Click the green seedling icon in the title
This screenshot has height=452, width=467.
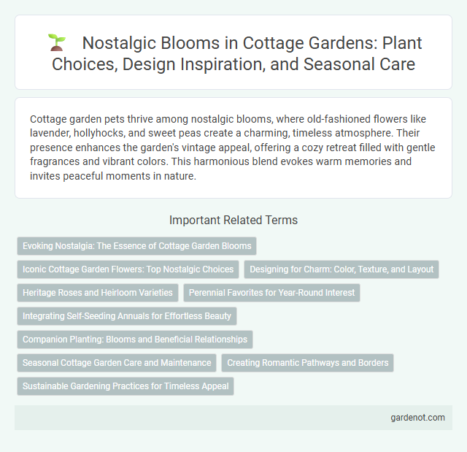pos(56,43)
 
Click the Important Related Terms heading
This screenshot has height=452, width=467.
pos(233,220)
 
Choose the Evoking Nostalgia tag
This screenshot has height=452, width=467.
pos(136,246)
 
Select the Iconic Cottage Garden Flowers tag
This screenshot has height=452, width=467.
pos(128,269)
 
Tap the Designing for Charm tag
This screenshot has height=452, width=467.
pos(341,269)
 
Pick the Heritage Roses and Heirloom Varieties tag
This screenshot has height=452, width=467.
pos(97,293)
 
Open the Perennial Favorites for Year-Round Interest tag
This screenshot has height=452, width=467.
pos(271,293)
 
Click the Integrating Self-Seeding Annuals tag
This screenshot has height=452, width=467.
pos(126,316)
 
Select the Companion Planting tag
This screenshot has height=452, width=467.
pos(134,340)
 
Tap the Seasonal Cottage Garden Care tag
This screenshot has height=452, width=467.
pos(117,363)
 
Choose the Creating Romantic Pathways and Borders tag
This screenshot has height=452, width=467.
pos(307,363)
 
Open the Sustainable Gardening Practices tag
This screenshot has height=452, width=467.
pos(125,386)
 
